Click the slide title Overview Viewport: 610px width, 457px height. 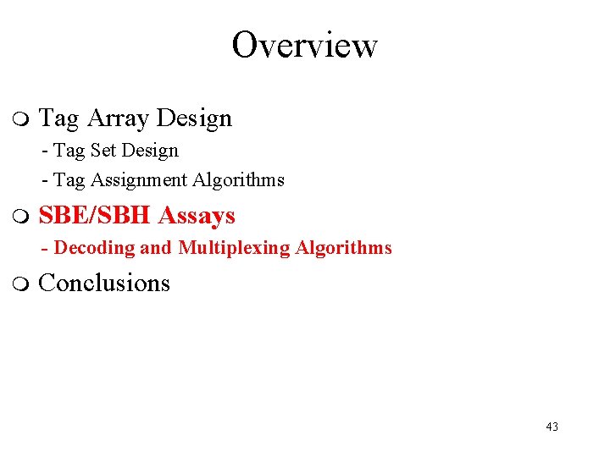tap(304, 45)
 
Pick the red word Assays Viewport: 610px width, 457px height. tap(197, 216)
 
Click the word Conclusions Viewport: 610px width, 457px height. tap(104, 283)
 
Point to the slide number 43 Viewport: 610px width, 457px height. tap(552, 427)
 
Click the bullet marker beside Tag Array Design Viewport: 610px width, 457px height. tap(22, 119)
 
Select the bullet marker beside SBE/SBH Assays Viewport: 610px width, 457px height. tap(22, 217)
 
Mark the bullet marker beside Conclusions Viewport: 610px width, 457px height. tap(22, 284)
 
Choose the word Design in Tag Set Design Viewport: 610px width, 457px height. tap(150, 151)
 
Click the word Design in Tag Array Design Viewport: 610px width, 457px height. tap(193, 118)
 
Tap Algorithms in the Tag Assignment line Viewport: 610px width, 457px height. tap(238, 180)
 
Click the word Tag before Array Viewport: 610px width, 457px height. tap(59, 118)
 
